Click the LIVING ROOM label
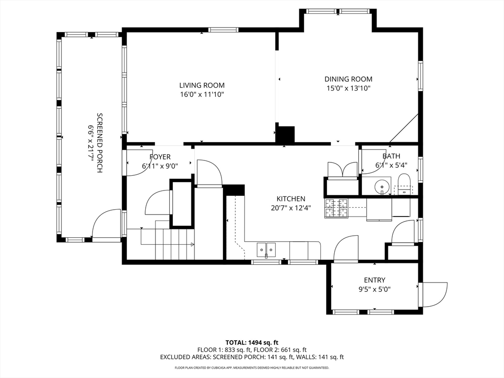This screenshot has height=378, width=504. coord(202,85)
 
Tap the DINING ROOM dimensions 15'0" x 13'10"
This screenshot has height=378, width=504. coord(348,89)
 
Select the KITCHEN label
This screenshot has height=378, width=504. coord(291,199)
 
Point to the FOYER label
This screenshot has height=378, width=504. coord(160,157)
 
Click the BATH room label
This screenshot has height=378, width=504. coord(391,156)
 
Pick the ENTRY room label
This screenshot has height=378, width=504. coord(375,280)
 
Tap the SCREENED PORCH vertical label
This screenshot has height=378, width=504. coord(99,143)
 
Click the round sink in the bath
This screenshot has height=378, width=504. coord(382,186)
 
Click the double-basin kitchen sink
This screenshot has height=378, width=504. coord(266,250)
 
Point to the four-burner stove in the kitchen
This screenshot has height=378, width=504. coord(337,208)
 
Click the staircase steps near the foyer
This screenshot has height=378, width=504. coord(175,244)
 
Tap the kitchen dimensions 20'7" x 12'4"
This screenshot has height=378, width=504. coord(291,208)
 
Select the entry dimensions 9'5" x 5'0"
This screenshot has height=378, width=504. coord(375,289)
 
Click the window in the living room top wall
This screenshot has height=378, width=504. coord(223,30)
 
